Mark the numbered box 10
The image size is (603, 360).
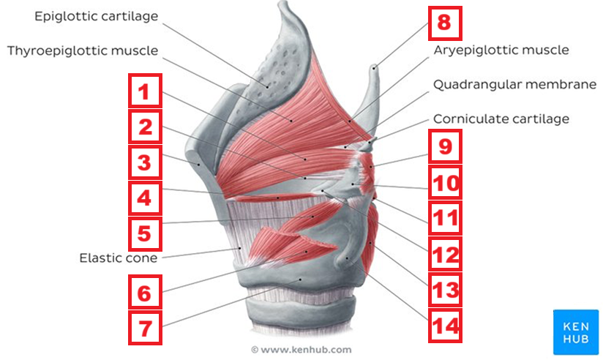click(x=445, y=183)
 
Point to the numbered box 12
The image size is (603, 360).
click(x=445, y=255)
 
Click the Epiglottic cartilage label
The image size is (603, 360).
click(x=96, y=16)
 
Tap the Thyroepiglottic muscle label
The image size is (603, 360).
click(x=83, y=50)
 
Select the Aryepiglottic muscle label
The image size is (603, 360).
click(x=501, y=50)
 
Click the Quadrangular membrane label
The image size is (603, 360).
click(x=514, y=84)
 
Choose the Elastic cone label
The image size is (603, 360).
click(x=118, y=258)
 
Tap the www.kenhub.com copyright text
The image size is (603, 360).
click(x=301, y=350)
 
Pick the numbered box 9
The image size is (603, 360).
click(x=445, y=148)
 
